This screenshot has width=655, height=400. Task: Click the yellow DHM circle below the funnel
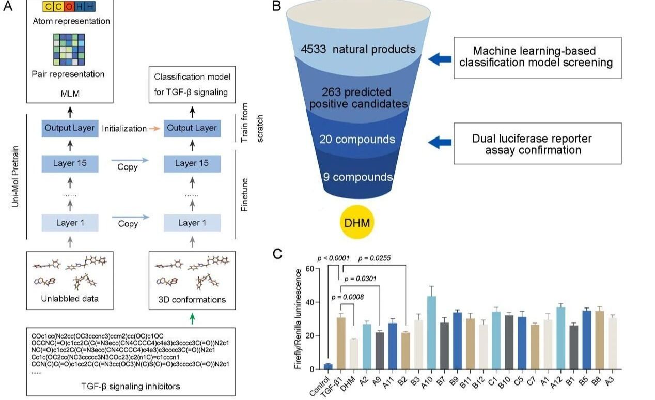356,223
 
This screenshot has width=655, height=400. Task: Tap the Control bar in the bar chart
327,366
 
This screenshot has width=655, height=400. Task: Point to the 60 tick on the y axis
310,269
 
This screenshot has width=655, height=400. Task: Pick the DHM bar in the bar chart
354,354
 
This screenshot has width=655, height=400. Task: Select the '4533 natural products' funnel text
359,50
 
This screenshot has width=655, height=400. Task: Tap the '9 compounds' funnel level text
358,177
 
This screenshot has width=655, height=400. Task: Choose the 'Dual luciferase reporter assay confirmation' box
537,144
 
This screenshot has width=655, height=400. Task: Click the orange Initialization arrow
154,128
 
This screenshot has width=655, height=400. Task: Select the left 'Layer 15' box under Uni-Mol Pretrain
70,164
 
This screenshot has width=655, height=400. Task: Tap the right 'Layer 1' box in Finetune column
192,223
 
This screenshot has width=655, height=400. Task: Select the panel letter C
277,254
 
